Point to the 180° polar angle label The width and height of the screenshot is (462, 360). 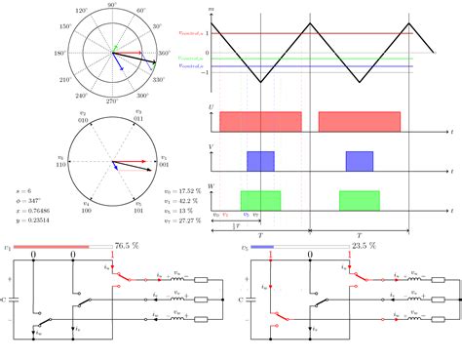point(60,53)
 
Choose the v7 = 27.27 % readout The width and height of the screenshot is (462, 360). point(182,221)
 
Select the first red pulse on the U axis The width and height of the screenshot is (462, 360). point(260,121)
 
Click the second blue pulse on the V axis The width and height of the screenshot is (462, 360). point(360,162)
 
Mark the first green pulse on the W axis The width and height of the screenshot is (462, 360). point(260,200)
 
